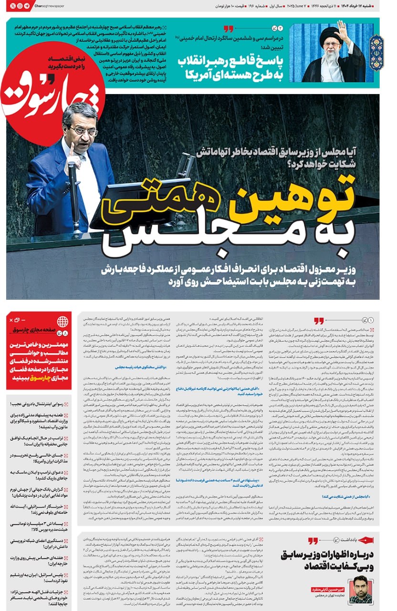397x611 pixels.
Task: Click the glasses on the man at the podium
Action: point(83,130)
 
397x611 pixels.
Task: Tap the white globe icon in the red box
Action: point(63,321)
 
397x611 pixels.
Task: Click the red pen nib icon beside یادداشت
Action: point(366,540)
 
